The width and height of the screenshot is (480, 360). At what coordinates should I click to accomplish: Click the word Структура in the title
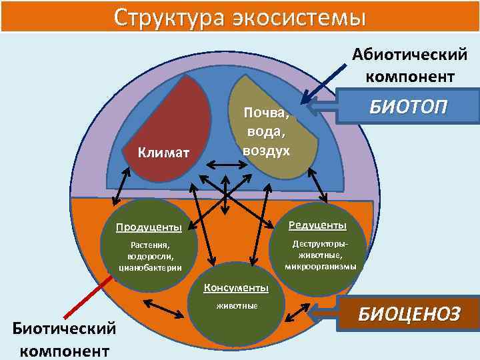coord(167,17)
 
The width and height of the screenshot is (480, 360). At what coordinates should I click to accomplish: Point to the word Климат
coord(164,153)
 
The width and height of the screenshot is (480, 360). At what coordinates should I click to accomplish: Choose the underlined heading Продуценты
coord(149,227)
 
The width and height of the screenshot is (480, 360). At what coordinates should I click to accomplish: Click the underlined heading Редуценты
coord(317,225)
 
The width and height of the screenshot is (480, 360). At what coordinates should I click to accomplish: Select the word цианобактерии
coord(150,268)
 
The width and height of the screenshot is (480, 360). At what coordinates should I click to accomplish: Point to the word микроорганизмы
coord(320,266)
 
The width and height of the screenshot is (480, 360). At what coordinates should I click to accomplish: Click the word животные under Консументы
coord(236,307)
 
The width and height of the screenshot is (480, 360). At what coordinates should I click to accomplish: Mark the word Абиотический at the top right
coord(410,55)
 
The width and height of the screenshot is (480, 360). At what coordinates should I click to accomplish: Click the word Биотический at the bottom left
coord(64,328)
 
